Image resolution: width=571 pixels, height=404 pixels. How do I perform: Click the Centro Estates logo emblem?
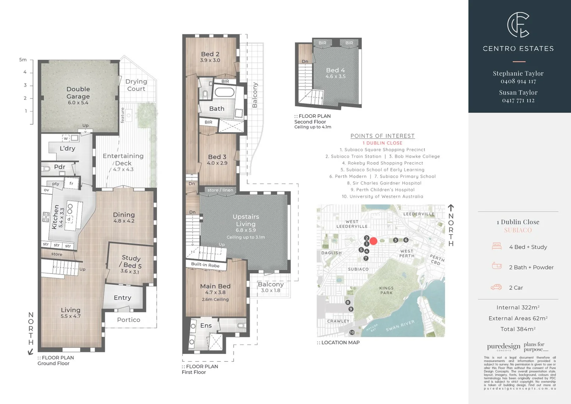coord(518,25)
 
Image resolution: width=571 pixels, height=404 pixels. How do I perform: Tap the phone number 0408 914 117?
coord(518,81)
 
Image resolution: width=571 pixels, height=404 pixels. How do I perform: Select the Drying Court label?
coord(136,85)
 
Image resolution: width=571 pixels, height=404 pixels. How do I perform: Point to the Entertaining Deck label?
coord(123,160)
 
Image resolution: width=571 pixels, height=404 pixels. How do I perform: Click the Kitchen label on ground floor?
coord(55,217)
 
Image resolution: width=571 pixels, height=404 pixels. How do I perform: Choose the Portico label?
coord(129,320)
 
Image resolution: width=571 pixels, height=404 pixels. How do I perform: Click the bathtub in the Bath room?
coord(224,92)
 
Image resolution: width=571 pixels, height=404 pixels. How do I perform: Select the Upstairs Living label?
coord(246,220)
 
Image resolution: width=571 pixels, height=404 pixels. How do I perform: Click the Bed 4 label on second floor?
coord(335,70)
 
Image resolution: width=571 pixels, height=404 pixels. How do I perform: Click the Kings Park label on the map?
coord(386,290)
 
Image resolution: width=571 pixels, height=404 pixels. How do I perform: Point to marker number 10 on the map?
coord(352,332)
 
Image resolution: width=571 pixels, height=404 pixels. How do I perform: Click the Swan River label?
coord(400,325)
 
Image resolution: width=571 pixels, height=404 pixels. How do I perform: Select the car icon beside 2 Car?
coord(496,287)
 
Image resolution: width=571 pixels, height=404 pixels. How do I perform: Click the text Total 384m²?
coord(518,329)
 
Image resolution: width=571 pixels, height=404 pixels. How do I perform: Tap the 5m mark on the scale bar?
coord(23,59)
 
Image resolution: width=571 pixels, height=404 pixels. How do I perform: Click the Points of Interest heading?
coord(383,136)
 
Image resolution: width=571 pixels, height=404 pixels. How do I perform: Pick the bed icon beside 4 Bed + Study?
coord(497,247)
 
